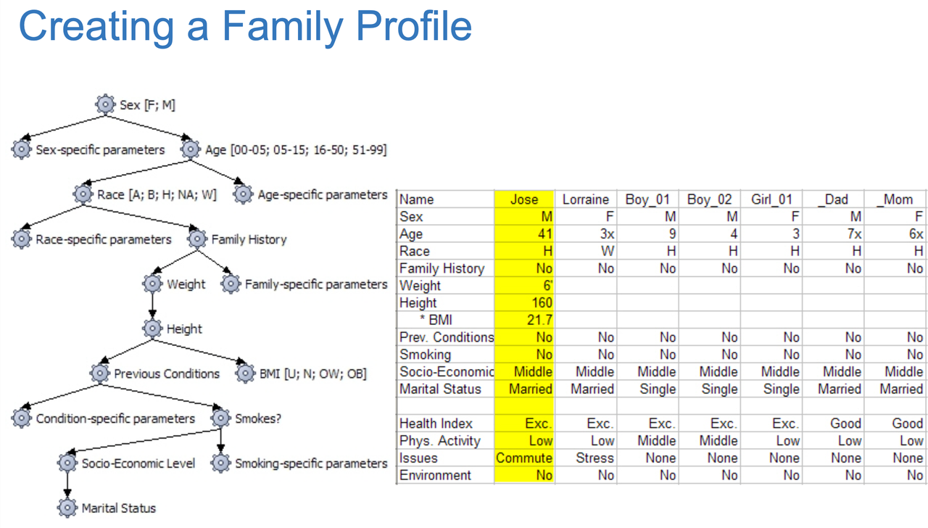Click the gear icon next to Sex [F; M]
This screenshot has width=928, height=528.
tap(106, 104)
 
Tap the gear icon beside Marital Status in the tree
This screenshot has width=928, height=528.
tap(67, 508)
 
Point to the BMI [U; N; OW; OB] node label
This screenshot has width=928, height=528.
tap(312, 374)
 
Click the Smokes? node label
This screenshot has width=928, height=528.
tap(258, 418)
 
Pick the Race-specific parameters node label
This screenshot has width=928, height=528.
tap(104, 239)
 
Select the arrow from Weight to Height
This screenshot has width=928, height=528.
tap(152, 306)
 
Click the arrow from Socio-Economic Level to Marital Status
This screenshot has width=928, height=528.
tap(67, 486)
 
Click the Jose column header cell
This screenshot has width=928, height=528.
tap(523, 199)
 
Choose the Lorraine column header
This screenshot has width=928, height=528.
tap(585, 199)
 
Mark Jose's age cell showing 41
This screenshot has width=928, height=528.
tap(523, 234)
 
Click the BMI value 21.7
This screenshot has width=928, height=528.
tap(523, 320)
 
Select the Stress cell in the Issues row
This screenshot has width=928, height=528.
tap(585, 458)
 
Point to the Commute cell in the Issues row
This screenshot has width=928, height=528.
tap(523, 458)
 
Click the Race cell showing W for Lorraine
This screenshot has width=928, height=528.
tap(585, 251)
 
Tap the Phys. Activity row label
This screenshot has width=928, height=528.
tap(440, 440)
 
